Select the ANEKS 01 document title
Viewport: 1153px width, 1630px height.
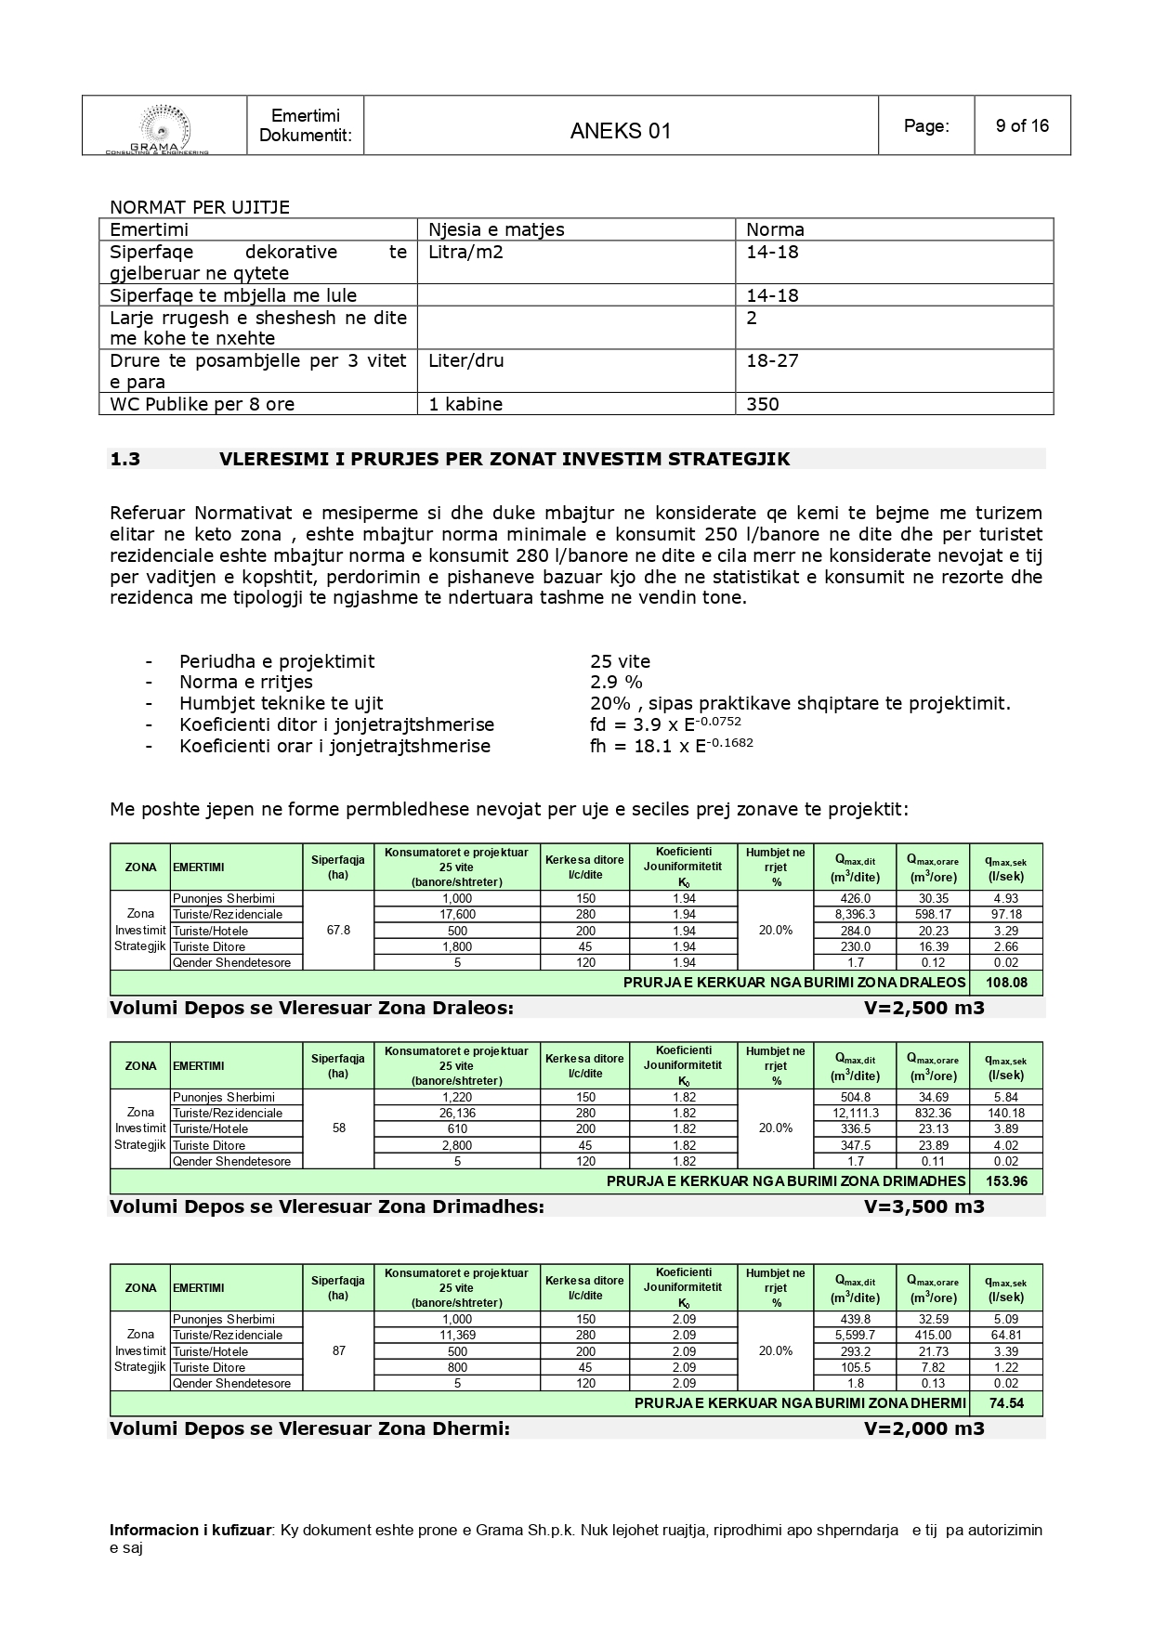click(621, 131)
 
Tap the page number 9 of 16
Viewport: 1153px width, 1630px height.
click(1022, 125)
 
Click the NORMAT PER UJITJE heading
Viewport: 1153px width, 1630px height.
click(200, 207)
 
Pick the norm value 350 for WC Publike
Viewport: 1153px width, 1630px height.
click(763, 404)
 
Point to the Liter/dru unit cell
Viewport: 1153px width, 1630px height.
click(466, 360)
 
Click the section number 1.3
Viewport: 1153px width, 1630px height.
click(125, 459)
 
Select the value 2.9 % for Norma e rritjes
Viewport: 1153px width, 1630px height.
click(616, 683)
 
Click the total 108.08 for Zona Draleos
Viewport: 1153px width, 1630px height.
click(1005, 983)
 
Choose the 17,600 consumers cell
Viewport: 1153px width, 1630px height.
click(457, 915)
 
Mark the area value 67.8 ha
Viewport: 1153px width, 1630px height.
click(339, 931)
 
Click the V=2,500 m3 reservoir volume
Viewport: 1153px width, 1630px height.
click(924, 1009)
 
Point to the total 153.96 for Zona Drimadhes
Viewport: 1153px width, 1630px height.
click(1005, 1181)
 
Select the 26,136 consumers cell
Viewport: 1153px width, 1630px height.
click(457, 1114)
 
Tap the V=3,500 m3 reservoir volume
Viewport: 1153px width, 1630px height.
click(924, 1207)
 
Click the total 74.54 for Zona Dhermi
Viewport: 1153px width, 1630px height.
click(1005, 1403)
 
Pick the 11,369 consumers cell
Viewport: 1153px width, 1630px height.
click(457, 1336)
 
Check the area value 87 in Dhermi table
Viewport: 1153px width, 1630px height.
click(339, 1351)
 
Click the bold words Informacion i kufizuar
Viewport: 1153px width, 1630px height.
click(190, 1531)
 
